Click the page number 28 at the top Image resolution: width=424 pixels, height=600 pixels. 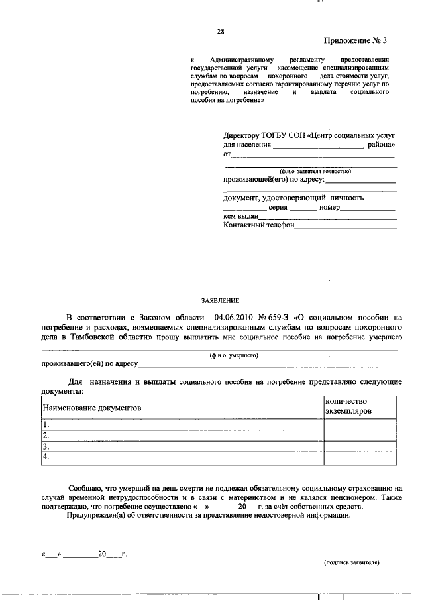[221, 32]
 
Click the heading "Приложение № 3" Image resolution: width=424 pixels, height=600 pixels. [355, 40]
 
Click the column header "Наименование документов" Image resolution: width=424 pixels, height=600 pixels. [92, 409]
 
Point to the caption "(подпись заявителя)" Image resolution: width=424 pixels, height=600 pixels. [351, 562]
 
